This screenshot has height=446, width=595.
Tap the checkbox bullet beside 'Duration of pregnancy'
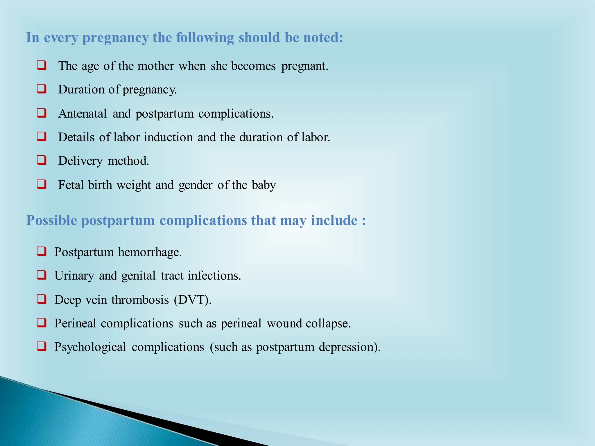(x=42, y=89)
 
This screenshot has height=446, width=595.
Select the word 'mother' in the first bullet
(x=155, y=66)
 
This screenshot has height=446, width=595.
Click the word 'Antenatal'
(x=83, y=114)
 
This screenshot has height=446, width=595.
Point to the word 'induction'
(x=168, y=137)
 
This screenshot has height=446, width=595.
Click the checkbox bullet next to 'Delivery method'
(x=42, y=160)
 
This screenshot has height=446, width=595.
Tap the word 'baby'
(x=264, y=185)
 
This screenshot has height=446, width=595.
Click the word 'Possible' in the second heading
(x=51, y=220)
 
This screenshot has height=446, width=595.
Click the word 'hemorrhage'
(x=150, y=252)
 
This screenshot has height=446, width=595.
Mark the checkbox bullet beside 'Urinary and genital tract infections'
(x=42, y=275)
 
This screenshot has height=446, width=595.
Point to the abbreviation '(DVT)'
(x=192, y=300)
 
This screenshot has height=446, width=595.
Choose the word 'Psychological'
(x=90, y=347)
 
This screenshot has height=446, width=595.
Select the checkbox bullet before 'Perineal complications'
(x=42, y=323)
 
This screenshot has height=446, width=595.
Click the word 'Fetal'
(x=71, y=185)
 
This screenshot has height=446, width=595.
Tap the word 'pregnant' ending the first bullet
(x=304, y=66)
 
